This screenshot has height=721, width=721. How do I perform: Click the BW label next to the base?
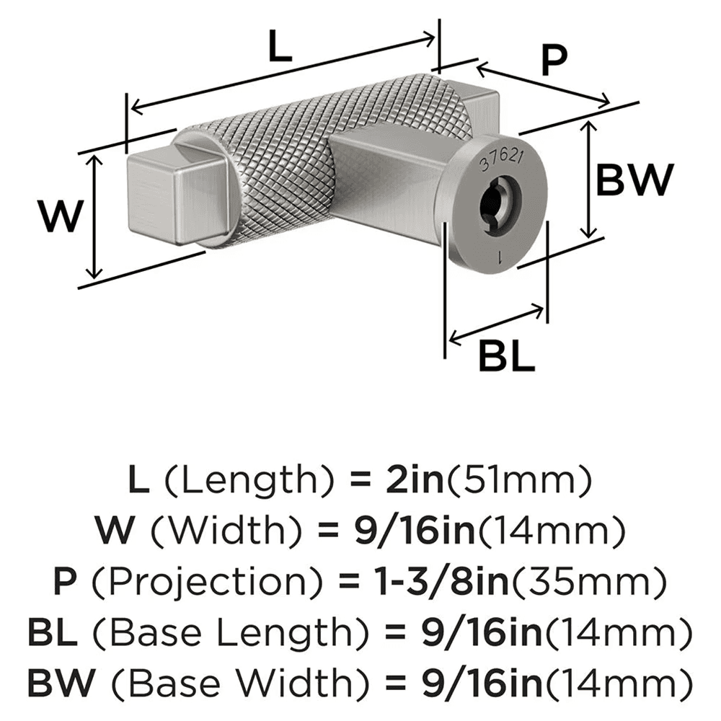[633, 180]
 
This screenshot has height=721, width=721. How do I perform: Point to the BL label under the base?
[508, 355]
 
